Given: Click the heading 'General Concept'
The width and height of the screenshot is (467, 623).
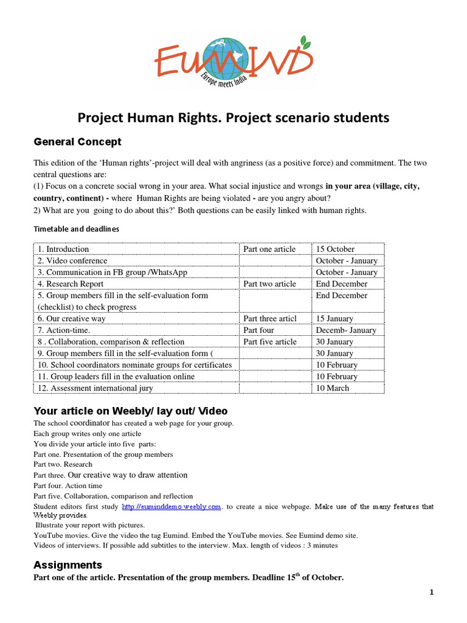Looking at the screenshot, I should coord(77,142).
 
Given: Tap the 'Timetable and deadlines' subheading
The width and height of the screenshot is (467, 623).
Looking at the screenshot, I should coord(76,229).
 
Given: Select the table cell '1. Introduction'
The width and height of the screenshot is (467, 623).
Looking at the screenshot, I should coord(63,249).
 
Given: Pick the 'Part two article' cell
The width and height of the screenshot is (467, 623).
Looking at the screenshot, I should coord(269,284).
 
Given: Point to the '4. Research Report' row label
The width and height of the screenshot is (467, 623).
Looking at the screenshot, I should coord(71,284).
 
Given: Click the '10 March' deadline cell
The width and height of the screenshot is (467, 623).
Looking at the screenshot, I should coord(333,388).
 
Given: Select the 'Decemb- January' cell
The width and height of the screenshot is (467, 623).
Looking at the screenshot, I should coord(346,330).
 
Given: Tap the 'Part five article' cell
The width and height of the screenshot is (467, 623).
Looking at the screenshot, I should coord(270,341).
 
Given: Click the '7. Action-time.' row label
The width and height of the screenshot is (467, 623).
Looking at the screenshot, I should coord(64,330).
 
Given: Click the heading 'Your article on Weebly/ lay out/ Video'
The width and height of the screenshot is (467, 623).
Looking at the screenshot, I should coord(131,411).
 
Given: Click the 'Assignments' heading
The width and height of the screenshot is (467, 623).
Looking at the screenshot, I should coord(67,565).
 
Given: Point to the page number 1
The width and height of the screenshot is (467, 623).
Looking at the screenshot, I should coord(431,594).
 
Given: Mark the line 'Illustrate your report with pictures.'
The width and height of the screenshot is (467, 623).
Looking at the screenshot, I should coord(90,524).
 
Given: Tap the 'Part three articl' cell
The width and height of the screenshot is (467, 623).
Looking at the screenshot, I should coord(270,318).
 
